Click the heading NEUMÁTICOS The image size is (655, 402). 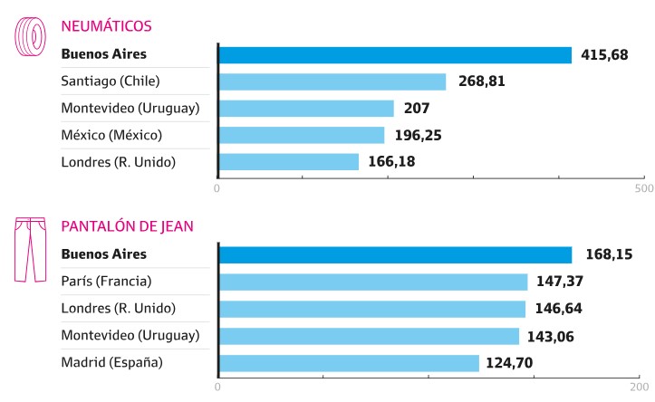[x=106, y=25]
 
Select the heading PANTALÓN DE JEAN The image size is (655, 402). [x=127, y=225]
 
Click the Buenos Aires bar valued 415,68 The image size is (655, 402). [x=395, y=55]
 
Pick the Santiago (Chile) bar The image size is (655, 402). [x=332, y=81]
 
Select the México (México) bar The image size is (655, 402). [x=302, y=135]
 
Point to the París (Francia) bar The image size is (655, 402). [x=373, y=282]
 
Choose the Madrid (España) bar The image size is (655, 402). [x=349, y=363]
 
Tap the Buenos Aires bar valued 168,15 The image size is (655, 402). [x=395, y=254]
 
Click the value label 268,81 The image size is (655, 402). [x=480, y=81]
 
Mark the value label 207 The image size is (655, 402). [x=417, y=109]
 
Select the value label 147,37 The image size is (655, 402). [x=562, y=282]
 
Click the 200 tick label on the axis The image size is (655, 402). [x=640, y=388]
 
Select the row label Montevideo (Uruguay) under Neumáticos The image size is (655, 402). [x=130, y=109]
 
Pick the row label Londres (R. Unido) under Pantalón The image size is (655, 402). [x=119, y=309]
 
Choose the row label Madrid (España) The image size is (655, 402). [x=112, y=363]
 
